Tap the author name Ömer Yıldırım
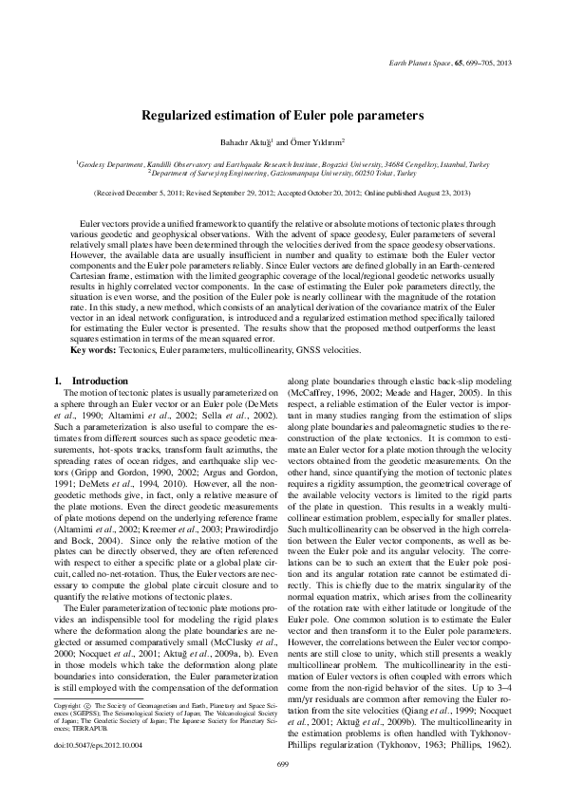[316, 141]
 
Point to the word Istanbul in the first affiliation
[446, 164]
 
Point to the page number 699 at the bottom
[282, 764]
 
